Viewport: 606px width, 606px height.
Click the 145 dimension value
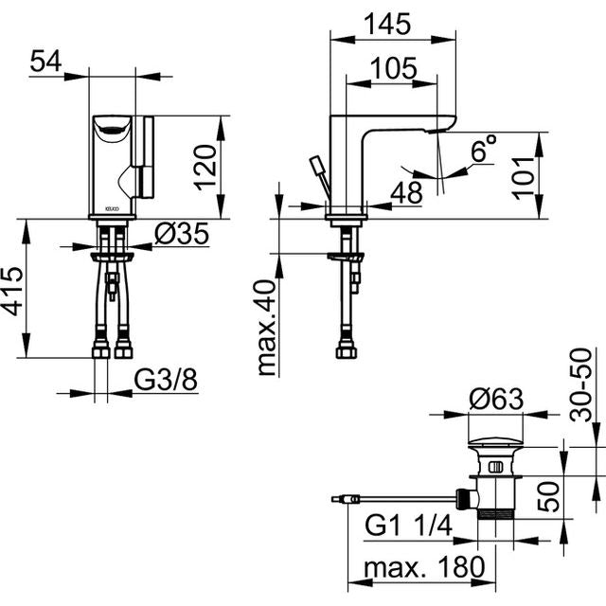[387, 24]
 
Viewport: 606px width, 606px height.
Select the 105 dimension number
[394, 68]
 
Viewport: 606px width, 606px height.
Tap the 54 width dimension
[45, 61]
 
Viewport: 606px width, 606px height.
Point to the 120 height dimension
[205, 168]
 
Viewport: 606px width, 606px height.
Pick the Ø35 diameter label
[182, 234]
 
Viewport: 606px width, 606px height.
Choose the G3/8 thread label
[166, 380]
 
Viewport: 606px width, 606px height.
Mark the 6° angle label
[484, 148]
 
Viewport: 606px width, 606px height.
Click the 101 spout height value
[524, 178]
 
